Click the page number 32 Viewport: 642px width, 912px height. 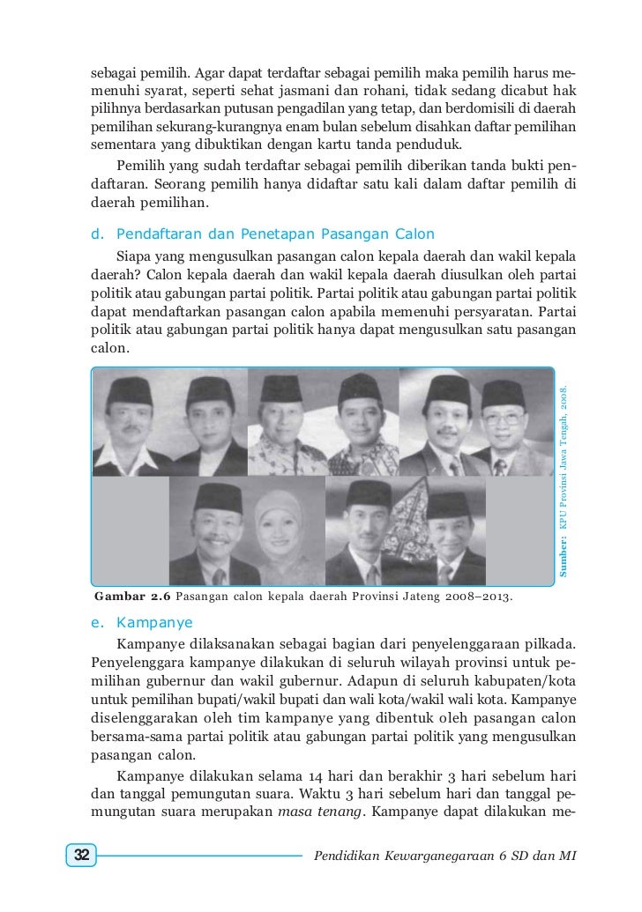[x=81, y=856]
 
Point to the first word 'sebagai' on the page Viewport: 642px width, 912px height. [x=113, y=70]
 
